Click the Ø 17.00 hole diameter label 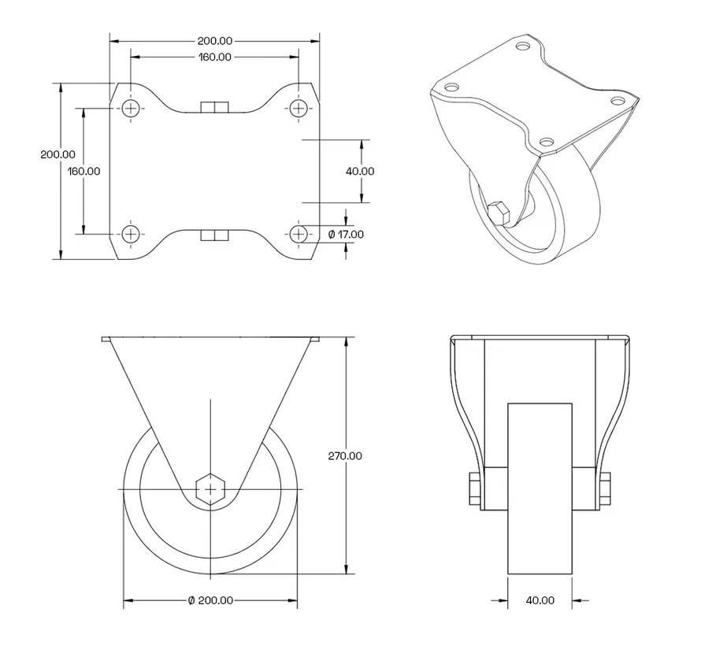tap(346, 234)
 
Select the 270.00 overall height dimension tap(345, 455)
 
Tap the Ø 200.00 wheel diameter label tap(210, 600)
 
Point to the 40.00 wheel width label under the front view tap(540, 600)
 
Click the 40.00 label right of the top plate tap(360, 171)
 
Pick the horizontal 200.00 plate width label tap(214, 40)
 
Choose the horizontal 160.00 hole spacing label tap(214, 57)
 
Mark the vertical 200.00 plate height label tap(58, 154)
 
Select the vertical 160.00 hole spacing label tap(83, 171)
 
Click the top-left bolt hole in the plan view tap(131, 108)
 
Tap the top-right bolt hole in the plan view tap(299, 108)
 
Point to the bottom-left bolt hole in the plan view tap(131, 233)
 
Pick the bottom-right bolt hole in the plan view tap(299, 233)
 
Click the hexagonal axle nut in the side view tap(210, 488)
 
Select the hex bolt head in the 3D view tap(499, 213)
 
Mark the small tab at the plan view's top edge tap(214, 107)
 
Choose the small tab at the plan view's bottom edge tap(214, 235)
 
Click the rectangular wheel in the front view tap(540, 488)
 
